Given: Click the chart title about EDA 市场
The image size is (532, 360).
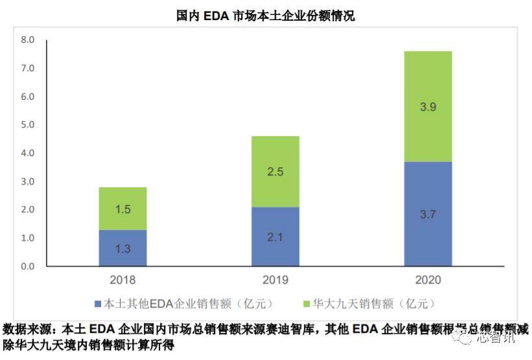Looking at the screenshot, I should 266,16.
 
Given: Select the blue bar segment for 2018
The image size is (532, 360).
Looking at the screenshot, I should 122,248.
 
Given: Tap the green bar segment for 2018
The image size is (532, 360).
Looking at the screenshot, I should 122,208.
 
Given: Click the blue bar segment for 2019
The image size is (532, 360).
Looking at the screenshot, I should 275,236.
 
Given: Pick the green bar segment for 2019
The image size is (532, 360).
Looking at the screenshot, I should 275,172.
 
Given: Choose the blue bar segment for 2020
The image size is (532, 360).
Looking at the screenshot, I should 428,214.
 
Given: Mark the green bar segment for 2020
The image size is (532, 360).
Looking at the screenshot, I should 428,106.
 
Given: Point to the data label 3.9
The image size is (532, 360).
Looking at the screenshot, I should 428,107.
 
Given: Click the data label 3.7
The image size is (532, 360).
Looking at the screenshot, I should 428,214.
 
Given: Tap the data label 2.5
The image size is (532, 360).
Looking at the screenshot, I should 275,172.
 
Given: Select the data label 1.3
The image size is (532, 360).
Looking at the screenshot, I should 122,249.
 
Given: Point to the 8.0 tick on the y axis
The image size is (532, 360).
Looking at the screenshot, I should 27,39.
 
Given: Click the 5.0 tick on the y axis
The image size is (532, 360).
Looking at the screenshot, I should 27,124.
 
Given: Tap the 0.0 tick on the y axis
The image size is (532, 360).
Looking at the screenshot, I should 27,266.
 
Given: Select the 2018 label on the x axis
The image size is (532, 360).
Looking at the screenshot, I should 122,280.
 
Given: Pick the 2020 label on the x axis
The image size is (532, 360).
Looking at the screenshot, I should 428,280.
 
